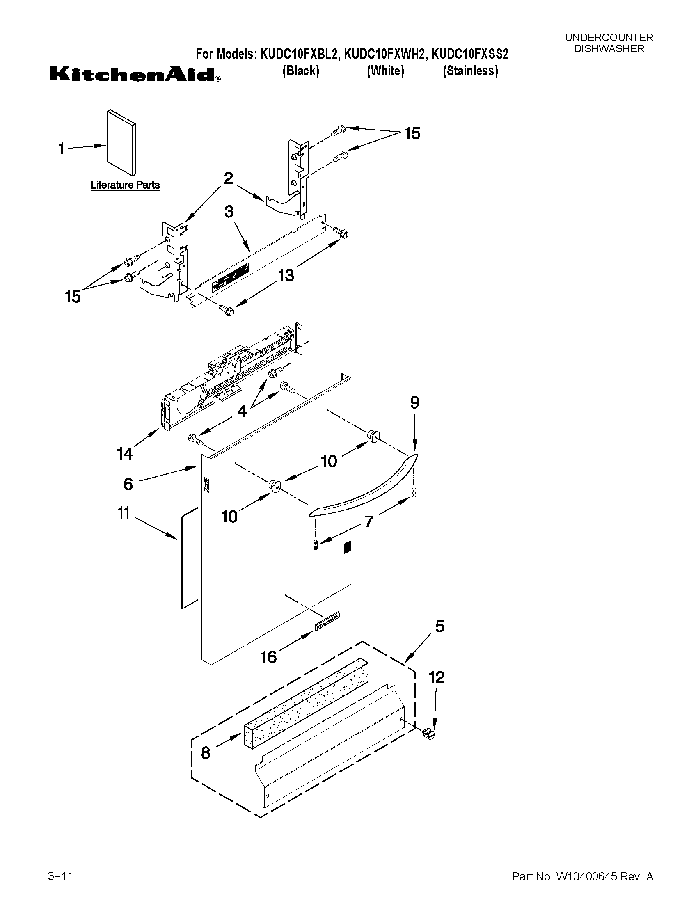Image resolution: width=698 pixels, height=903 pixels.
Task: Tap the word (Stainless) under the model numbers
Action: pos(470,71)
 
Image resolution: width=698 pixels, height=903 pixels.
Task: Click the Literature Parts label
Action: pos(125,185)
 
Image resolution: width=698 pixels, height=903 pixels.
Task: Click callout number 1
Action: pos(62,149)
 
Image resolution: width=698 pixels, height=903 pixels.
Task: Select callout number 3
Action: pos(229,212)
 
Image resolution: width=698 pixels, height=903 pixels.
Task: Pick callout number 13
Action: pos(286,275)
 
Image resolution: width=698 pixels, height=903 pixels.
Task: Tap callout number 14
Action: pos(124,454)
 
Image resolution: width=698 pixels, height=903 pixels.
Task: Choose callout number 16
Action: pos(268,657)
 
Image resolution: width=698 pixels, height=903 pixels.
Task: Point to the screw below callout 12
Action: pos(430,734)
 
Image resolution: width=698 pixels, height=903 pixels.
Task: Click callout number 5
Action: pos(439,626)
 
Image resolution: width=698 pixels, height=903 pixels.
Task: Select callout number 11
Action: pos(124,513)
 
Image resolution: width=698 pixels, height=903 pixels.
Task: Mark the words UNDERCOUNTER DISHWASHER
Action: pos(609,43)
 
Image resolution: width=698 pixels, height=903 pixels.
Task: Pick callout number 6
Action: pos(128,484)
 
